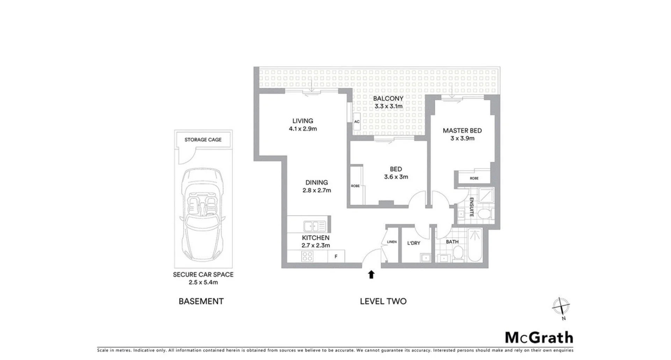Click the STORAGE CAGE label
(203, 140)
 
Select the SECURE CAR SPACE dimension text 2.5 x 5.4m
(203, 282)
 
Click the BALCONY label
(388, 99)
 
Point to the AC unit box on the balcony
(357, 122)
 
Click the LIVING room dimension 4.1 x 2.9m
(303, 129)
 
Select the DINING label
(317, 182)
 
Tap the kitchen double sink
(314, 226)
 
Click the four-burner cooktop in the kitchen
(307, 256)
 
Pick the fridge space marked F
(336, 257)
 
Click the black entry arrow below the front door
(371, 275)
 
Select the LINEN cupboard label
(392, 242)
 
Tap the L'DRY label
(414, 243)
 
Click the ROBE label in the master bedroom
(474, 178)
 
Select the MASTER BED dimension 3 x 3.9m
(462, 138)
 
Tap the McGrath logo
(539, 338)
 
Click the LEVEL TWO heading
(383, 301)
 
